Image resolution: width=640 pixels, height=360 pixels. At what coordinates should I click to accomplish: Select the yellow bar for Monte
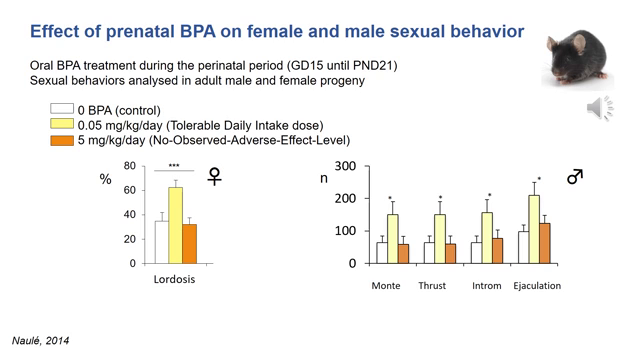point(394,239)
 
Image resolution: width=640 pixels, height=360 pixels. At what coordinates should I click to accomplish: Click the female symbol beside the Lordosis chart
point(214,177)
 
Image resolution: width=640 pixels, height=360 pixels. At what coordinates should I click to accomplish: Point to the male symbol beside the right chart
point(574,177)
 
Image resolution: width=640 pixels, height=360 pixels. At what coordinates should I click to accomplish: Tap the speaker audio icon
point(600,109)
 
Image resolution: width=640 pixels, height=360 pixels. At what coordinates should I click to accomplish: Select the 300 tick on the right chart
point(346,167)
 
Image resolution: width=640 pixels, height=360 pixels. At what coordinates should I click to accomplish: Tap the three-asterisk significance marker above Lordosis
point(174,166)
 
